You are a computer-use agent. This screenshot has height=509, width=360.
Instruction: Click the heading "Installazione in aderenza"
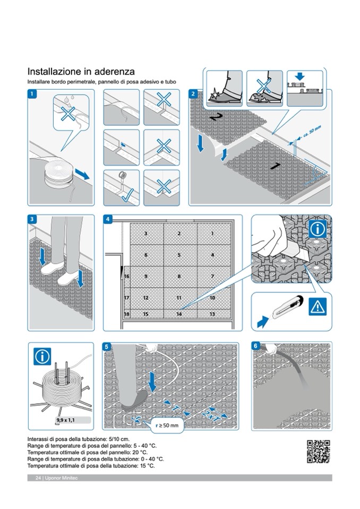pyautogui.click(x=81, y=71)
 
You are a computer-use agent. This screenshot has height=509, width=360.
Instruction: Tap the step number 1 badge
pyautogui.click(x=32, y=94)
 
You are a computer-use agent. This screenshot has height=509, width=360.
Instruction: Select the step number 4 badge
pyautogui.click(x=108, y=219)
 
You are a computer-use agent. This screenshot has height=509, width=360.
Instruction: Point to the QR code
pyautogui.click(x=319, y=452)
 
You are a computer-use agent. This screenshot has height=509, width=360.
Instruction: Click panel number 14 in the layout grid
pyautogui.click(x=179, y=314)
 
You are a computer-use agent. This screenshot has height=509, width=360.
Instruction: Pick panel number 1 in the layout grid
pyautogui.click(x=212, y=233)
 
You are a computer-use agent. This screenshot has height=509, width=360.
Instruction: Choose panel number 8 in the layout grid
pyautogui.click(x=179, y=277)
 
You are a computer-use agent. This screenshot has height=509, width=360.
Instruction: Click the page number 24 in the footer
pyautogui.click(x=38, y=478)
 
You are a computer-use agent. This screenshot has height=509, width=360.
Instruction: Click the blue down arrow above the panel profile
pyautogui.click(x=300, y=76)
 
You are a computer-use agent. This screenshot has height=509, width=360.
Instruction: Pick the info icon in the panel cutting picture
pyautogui.click(x=318, y=230)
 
